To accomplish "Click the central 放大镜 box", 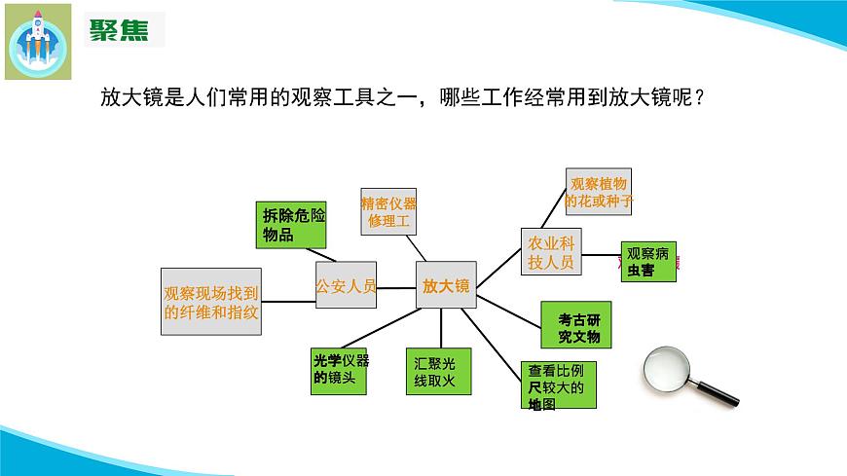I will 446,285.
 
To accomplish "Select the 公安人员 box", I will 346,286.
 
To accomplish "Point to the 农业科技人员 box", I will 551,252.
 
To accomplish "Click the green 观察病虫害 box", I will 648,262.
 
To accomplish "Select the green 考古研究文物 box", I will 579,326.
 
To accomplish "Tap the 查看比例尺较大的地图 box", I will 558,384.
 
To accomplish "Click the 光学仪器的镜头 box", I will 339,371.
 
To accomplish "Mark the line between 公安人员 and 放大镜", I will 396,286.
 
